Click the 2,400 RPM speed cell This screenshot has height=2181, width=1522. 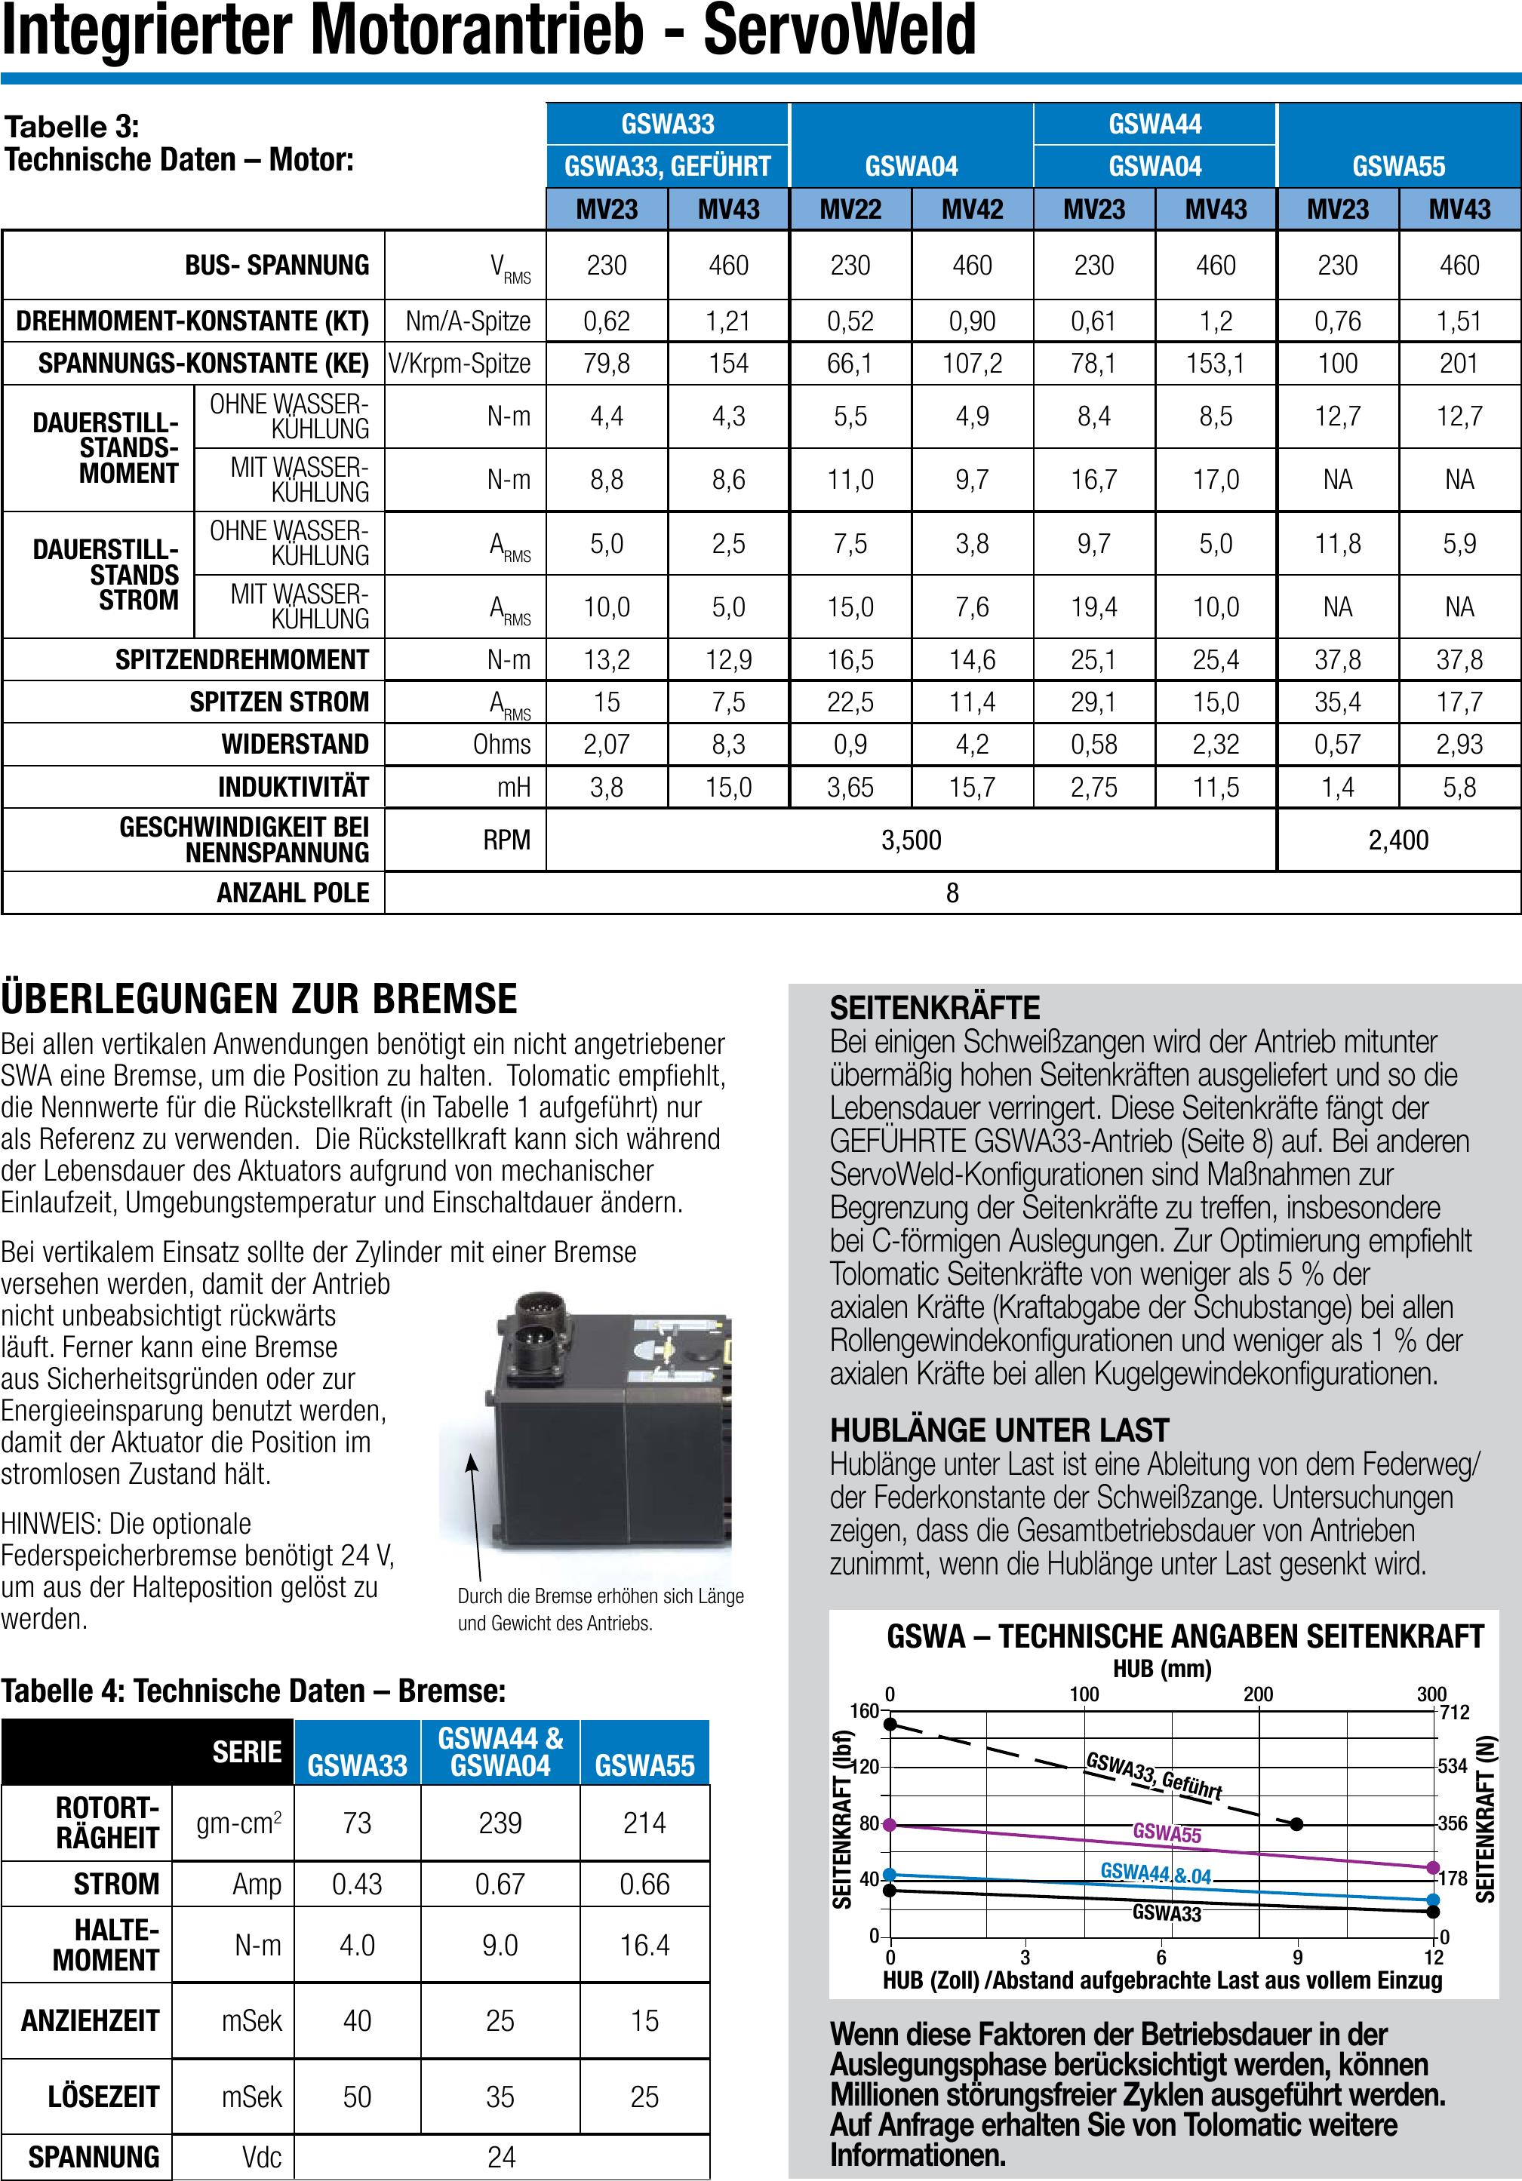[1397, 840]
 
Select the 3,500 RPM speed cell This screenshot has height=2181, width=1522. [911, 840]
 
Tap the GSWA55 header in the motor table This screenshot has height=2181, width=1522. [1398, 166]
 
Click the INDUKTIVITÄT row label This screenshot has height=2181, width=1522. [293, 787]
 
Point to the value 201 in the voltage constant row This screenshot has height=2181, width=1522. [1459, 363]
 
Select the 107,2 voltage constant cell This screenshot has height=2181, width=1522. [972, 363]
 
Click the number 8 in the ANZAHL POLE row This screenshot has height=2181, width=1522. [952, 893]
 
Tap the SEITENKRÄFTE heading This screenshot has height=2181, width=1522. [935, 1007]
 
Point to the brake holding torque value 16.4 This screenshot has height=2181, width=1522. [644, 1946]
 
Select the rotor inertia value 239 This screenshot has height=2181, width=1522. [500, 1823]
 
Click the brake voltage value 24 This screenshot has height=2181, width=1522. [501, 2158]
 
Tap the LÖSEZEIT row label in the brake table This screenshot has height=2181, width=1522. [103, 2097]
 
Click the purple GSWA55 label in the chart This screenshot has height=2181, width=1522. [1167, 1833]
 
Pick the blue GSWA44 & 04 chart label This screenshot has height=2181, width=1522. [1155, 1872]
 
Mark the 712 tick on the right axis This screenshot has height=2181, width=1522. [1455, 1712]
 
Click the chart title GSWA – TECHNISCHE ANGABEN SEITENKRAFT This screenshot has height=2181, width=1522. [1185, 1637]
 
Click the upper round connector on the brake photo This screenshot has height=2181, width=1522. [531, 1313]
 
